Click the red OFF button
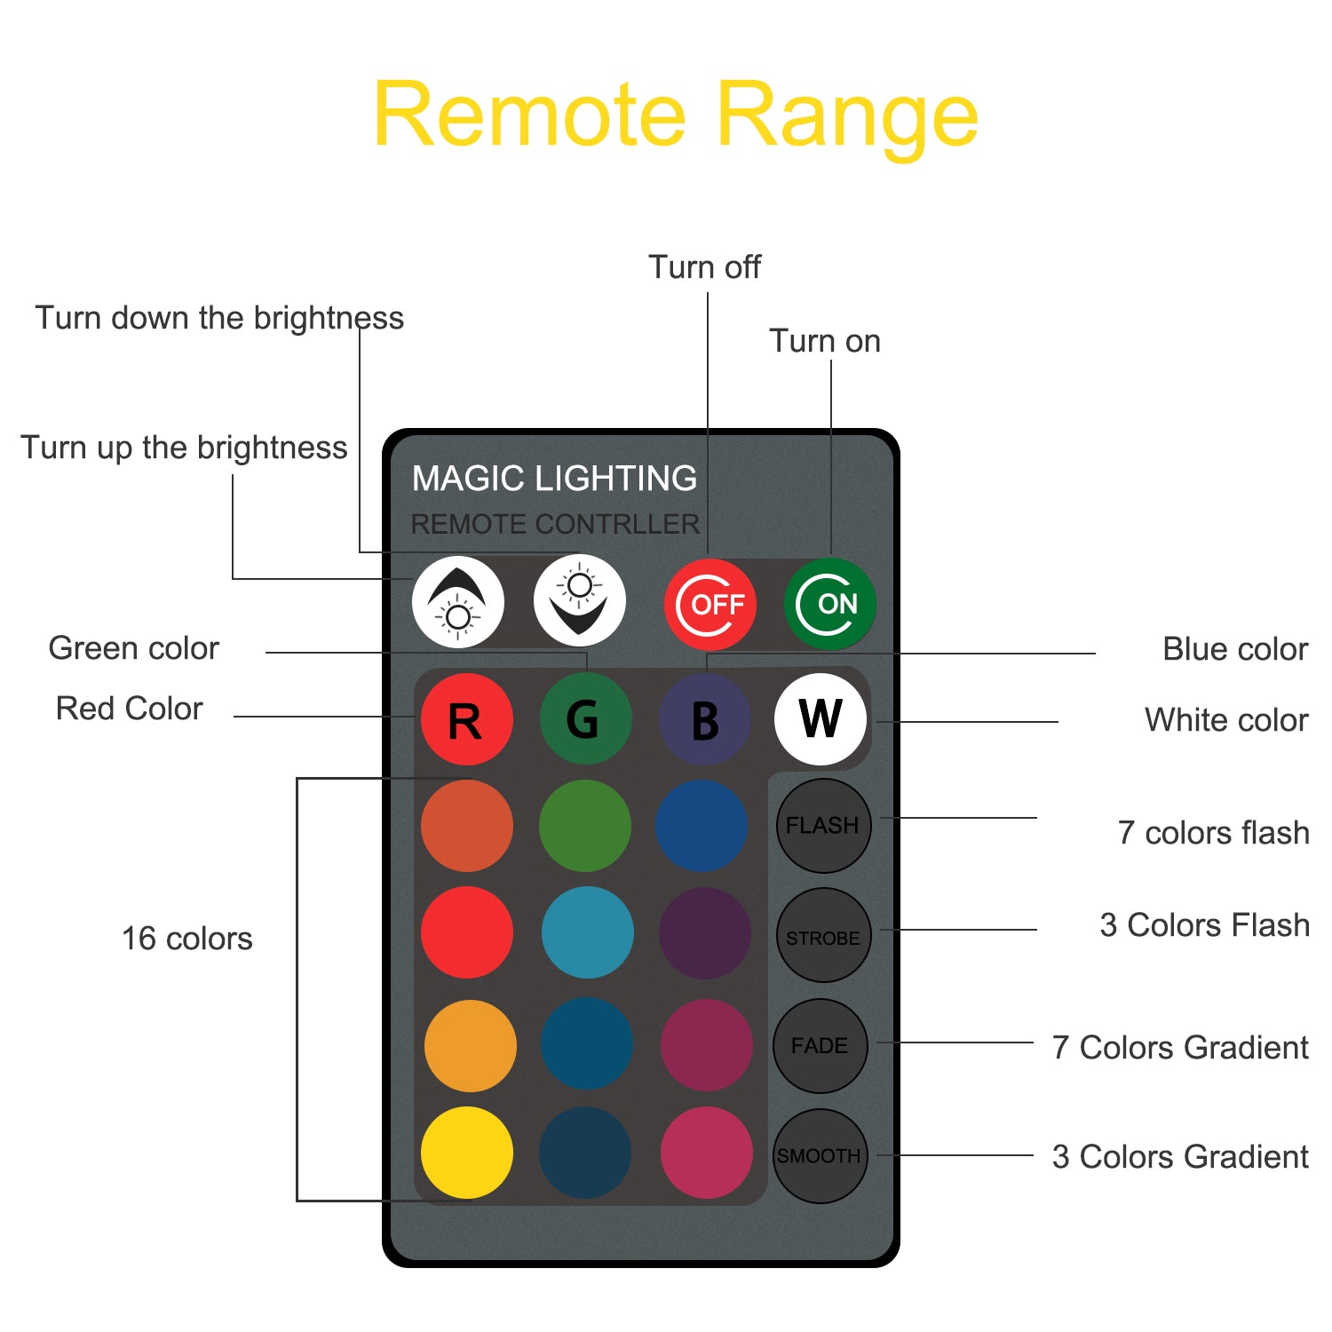[x=710, y=605]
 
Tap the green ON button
[x=829, y=605]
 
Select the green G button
[x=585, y=719]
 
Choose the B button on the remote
[x=704, y=719]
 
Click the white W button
[x=820, y=719]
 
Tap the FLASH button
[x=822, y=826]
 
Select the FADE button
[x=820, y=1045]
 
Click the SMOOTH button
[x=819, y=1155]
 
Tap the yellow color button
[x=466, y=1153]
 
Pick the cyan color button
[x=587, y=932]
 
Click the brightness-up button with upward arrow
[x=458, y=602]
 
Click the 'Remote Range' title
[x=676, y=115]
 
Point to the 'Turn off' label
[x=704, y=267]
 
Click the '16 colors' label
[x=186, y=939]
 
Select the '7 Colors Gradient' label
[x=1180, y=1048]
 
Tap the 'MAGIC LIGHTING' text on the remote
[x=554, y=479]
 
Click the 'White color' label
[x=1225, y=720]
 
